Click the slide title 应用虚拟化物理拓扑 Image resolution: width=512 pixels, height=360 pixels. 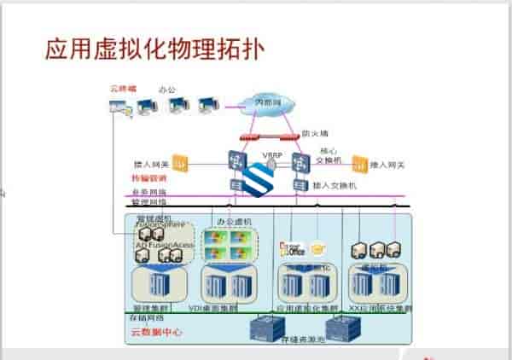(x=154, y=49)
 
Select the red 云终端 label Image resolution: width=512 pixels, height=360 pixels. (x=124, y=88)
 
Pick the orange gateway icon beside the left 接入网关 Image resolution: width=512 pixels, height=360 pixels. (x=180, y=161)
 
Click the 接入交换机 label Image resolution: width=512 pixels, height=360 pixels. (x=334, y=185)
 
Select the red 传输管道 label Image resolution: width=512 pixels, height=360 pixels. (x=148, y=178)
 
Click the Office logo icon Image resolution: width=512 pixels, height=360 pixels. (x=292, y=250)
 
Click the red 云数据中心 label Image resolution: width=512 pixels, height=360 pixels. (x=156, y=330)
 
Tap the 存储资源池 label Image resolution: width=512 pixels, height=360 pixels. (x=302, y=340)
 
